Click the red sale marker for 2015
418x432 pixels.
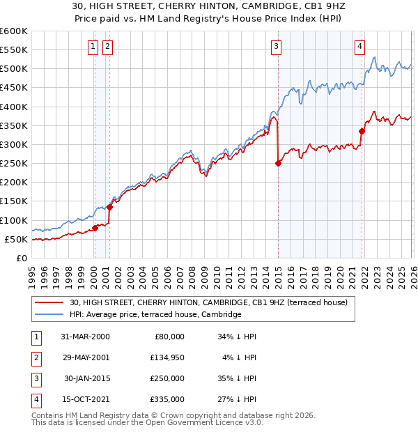(278, 164)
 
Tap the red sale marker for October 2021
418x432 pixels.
(362, 131)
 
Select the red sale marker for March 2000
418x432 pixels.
(95, 228)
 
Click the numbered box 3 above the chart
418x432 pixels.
(277, 47)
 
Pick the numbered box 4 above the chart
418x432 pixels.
(360, 47)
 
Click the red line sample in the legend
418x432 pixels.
(50, 302)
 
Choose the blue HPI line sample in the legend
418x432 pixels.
(50, 315)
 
